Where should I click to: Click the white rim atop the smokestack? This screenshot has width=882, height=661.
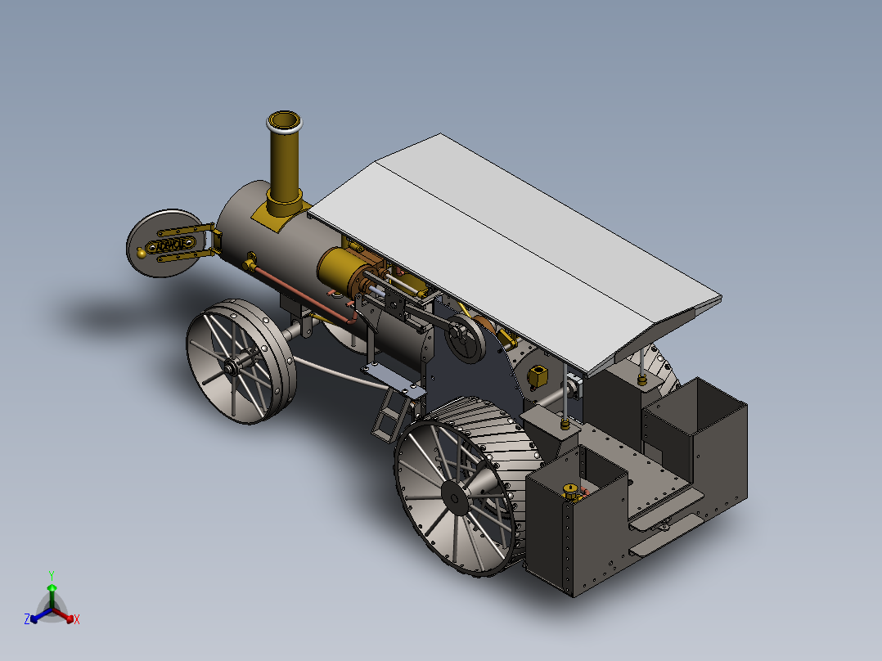[285, 123]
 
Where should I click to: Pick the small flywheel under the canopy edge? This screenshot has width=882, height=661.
[464, 341]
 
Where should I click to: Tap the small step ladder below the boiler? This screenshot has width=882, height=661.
[389, 416]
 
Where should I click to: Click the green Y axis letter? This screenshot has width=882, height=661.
[51, 574]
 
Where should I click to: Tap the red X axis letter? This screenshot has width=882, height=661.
[77, 620]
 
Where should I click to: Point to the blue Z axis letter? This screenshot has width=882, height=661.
[26, 620]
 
